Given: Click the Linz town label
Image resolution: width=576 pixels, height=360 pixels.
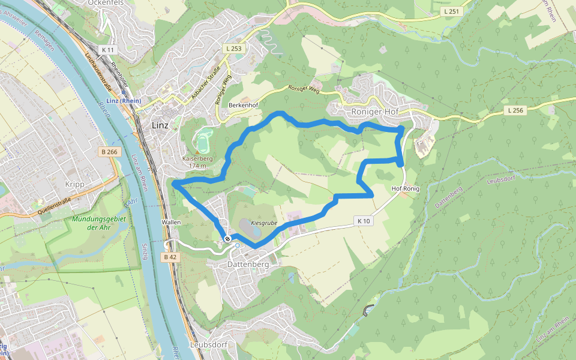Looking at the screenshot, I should pyautogui.click(x=160, y=125).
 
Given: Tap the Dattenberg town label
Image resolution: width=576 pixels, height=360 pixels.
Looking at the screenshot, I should pyautogui.click(x=247, y=264).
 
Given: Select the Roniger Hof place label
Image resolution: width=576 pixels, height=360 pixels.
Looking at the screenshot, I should pyautogui.click(x=375, y=112).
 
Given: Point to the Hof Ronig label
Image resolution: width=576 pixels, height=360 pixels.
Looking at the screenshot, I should pyautogui.click(x=406, y=188).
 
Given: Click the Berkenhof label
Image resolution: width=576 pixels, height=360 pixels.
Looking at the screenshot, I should pyautogui.click(x=243, y=105).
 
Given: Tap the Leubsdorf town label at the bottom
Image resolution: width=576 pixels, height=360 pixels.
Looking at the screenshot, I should pyautogui.click(x=208, y=345).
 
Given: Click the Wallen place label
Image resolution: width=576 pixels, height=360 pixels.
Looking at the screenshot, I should pyautogui.click(x=171, y=222).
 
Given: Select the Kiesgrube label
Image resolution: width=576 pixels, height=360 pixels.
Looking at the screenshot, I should pyautogui.click(x=264, y=223).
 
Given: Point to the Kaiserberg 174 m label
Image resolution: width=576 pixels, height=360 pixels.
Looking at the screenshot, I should pyautogui.click(x=197, y=162).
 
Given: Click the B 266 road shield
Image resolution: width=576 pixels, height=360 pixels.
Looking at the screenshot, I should pyautogui.click(x=110, y=152).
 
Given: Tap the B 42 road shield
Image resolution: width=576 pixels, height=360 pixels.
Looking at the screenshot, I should pyautogui.click(x=170, y=257).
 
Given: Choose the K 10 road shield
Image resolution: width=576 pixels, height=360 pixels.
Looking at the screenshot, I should pyautogui.click(x=363, y=220).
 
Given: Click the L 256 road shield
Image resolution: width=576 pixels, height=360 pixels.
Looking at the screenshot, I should pyautogui.click(x=515, y=110).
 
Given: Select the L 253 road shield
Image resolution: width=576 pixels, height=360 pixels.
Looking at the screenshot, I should pyautogui.click(x=235, y=47).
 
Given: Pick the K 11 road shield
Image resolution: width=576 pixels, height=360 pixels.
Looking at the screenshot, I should pyautogui.click(x=108, y=49).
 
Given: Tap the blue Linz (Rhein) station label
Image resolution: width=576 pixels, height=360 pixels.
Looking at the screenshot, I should pyautogui.click(x=122, y=101).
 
